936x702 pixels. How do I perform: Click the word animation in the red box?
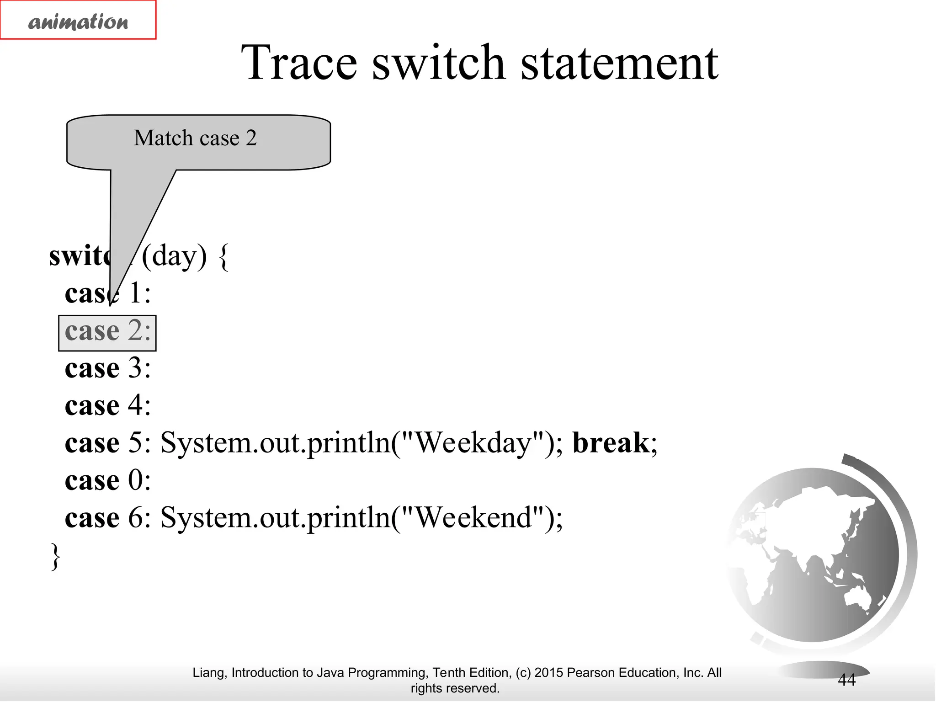pos(78,21)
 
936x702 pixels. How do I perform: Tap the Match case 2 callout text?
pos(195,138)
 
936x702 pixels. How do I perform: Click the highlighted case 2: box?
pos(107,332)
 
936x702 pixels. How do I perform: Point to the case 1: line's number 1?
pos(135,293)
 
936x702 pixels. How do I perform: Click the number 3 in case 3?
pos(135,368)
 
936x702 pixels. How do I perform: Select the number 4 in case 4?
pos(135,405)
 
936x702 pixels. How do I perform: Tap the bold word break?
pos(611,443)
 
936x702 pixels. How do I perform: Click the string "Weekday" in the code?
pos(473,443)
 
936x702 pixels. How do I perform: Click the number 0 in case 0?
pos(135,480)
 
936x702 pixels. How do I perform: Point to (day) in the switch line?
pos(174,256)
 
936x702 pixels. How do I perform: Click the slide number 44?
pos(846,680)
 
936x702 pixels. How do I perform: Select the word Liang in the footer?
pos(209,673)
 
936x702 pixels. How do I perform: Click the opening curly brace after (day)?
pos(223,257)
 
